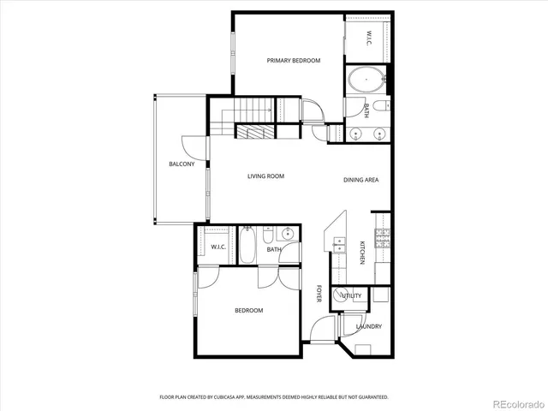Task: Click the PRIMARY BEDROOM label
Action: [x=293, y=61]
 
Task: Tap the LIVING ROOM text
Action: [x=265, y=176]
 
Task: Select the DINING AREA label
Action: [x=360, y=180]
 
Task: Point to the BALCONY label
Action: [x=181, y=164]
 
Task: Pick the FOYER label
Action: [x=319, y=294]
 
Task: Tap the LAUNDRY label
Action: [x=368, y=326]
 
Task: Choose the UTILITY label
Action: [x=352, y=295]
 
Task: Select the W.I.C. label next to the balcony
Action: [x=217, y=247]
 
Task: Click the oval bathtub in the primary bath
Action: [x=366, y=83]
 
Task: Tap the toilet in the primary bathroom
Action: [x=383, y=106]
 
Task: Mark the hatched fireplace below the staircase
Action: [x=255, y=133]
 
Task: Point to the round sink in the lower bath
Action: [x=289, y=233]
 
